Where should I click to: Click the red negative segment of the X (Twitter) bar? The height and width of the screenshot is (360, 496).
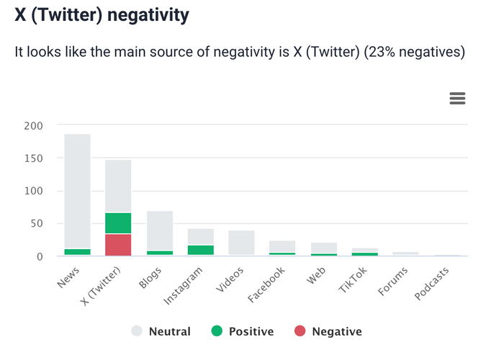tap(118, 245)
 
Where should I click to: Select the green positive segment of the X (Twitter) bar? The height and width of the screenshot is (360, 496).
tap(118, 223)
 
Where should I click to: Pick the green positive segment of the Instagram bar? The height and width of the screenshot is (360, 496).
tap(201, 250)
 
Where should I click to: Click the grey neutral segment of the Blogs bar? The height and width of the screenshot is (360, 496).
tap(160, 230)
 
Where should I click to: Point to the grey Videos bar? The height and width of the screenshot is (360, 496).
tap(242, 243)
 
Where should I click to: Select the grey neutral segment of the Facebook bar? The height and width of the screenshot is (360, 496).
tap(283, 246)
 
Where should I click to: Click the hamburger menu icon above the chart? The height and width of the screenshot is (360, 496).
tap(457, 99)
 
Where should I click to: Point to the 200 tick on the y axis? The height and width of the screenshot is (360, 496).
tap(34, 125)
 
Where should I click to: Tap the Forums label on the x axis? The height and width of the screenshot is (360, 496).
tap(393, 282)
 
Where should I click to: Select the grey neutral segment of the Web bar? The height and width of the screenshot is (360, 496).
tap(324, 248)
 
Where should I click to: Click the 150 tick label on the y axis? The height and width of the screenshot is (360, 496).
tap(34, 158)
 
